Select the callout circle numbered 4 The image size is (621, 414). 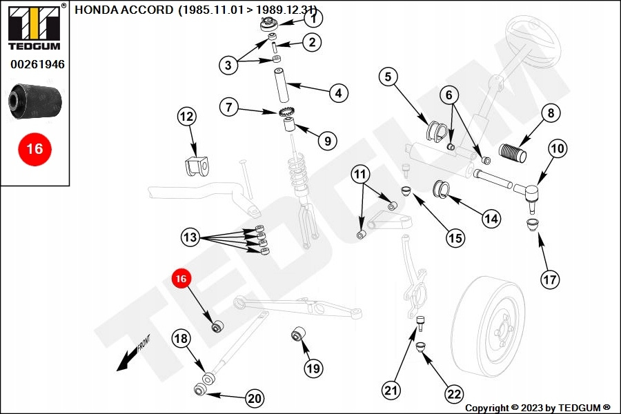click(x=338, y=92)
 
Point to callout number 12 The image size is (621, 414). click(x=187, y=117)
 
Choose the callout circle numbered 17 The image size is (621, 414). click(x=550, y=279)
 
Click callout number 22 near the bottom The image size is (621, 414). click(x=453, y=394)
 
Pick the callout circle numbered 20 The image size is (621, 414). click(x=255, y=398)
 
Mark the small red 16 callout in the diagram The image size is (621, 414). click(x=181, y=279)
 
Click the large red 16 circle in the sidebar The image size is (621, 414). click(x=34, y=148)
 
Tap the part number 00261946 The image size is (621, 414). click(x=37, y=65)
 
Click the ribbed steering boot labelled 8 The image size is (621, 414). click(x=513, y=153)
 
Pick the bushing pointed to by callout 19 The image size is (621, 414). click(x=299, y=335)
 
